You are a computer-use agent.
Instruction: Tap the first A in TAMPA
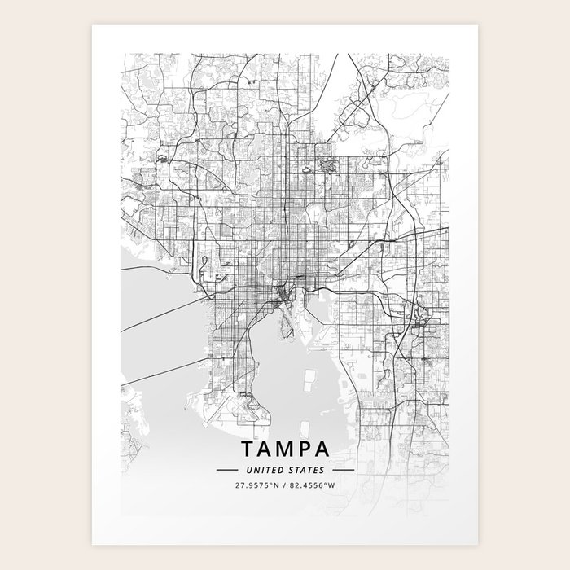[266, 449]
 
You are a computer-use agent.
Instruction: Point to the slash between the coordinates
[285, 486]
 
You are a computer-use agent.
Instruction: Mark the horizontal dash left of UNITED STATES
[226, 471]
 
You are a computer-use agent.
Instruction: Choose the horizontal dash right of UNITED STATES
[344, 471]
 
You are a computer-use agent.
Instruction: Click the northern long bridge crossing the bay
[159, 314]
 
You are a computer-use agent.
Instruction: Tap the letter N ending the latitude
[277, 486]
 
